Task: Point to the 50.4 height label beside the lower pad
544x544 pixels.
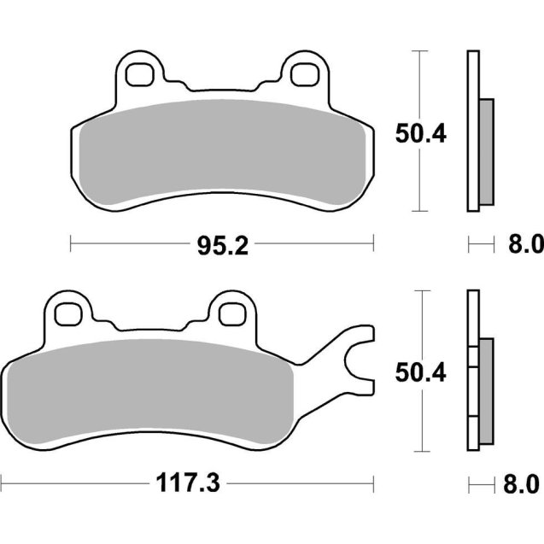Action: pyautogui.click(x=421, y=371)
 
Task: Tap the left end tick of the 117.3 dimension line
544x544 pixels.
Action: pyautogui.click(x=2, y=484)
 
